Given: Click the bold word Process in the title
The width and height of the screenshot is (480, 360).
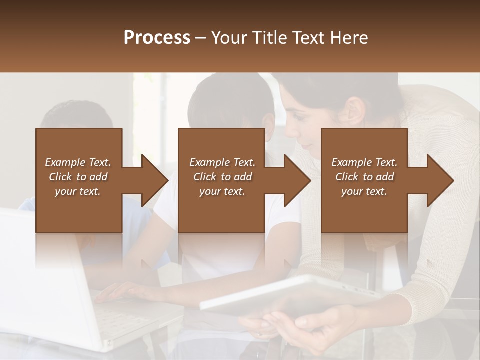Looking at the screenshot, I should [157, 38].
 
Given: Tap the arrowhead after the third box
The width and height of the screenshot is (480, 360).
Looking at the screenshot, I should [440, 180].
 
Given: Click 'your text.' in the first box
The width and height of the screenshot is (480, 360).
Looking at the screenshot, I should [78, 191].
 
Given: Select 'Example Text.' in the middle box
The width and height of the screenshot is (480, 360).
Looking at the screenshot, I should [222, 162].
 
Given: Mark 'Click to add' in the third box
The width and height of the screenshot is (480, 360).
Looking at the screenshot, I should [365, 177].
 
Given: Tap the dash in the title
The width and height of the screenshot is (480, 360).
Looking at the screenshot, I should [201, 38].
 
